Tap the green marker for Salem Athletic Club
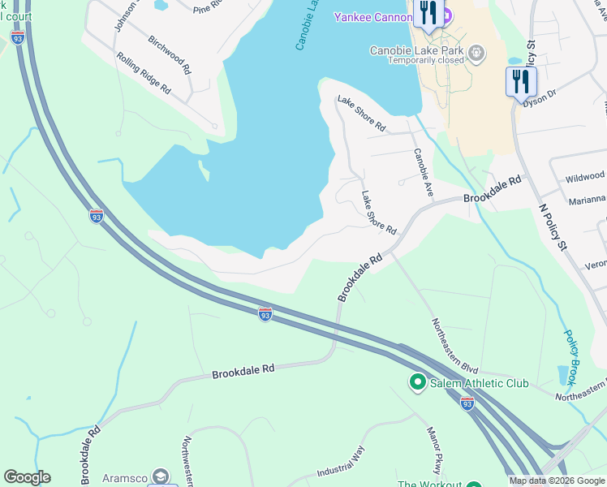(418, 381)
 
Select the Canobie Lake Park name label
(416, 50)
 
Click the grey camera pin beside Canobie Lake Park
(476, 54)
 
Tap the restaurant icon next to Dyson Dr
(520, 82)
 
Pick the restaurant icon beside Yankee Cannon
(428, 13)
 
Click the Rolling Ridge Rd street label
(144, 73)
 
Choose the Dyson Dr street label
(540, 98)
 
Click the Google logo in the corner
(27, 477)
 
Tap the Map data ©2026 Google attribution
(557, 481)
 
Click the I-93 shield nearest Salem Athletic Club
(467, 403)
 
